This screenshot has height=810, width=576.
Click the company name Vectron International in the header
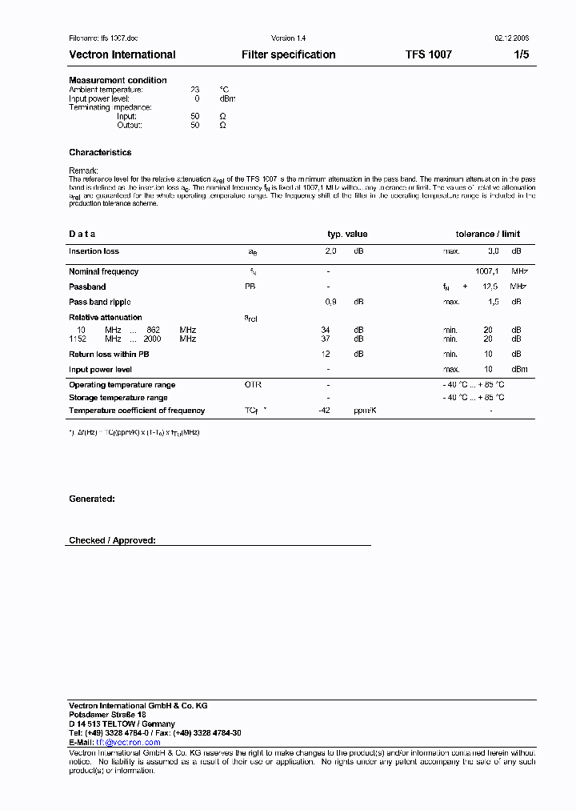click(122, 54)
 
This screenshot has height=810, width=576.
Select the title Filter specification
click(288, 54)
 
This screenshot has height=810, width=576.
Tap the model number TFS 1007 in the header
click(428, 54)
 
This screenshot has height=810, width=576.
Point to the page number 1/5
click(521, 54)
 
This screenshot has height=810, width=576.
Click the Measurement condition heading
click(118, 80)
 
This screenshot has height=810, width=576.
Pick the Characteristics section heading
click(100, 152)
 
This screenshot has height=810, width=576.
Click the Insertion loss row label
click(94, 251)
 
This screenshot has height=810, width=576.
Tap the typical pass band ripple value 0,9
click(330, 302)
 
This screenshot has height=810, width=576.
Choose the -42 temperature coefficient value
click(326, 411)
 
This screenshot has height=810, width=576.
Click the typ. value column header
click(347, 234)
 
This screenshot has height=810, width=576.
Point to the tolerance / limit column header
click(487, 234)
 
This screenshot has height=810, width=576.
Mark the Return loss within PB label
click(109, 354)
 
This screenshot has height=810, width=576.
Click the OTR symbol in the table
click(253, 385)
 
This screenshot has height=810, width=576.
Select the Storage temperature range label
click(118, 398)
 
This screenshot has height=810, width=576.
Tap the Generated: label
click(92, 499)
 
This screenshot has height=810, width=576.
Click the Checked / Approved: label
click(112, 541)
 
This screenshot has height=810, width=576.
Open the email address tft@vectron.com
click(128, 742)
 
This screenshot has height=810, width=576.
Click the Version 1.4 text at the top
click(288, 38)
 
